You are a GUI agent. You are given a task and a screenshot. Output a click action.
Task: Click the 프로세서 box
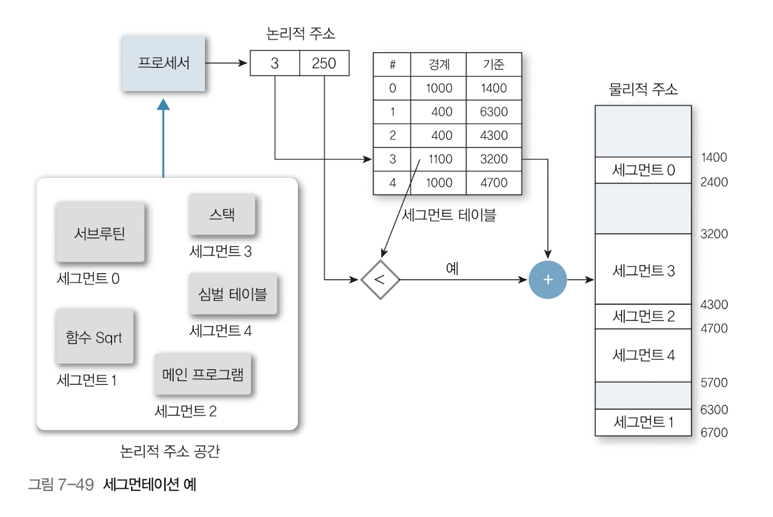point(163,63)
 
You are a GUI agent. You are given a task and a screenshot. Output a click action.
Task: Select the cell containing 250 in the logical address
point(324,63)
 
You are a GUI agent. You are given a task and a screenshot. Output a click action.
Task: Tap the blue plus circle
point(548,279)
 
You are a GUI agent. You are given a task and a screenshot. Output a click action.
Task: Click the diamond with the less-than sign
point(380,279)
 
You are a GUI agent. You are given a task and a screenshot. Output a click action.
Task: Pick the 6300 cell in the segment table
point(494,112)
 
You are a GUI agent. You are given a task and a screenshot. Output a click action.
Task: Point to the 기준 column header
point(494,65)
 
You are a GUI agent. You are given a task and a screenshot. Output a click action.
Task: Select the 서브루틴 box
point(100,233)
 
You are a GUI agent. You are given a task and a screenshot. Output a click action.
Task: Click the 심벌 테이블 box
point(233,294)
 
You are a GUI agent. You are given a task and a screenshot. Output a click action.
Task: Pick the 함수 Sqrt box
point(94,337)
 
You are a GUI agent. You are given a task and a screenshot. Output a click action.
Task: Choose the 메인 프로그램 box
point(204,374)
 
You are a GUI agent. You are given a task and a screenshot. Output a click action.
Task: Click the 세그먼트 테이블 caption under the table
point(448,215)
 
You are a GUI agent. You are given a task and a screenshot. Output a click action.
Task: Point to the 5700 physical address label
point(714,383)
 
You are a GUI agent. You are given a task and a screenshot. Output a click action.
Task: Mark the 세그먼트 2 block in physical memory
point(643,316)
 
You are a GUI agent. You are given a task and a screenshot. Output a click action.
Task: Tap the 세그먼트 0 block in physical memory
point(643,170)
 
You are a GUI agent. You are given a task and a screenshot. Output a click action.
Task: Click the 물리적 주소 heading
point(643,89)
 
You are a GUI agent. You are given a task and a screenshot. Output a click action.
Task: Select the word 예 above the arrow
point(452,268)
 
